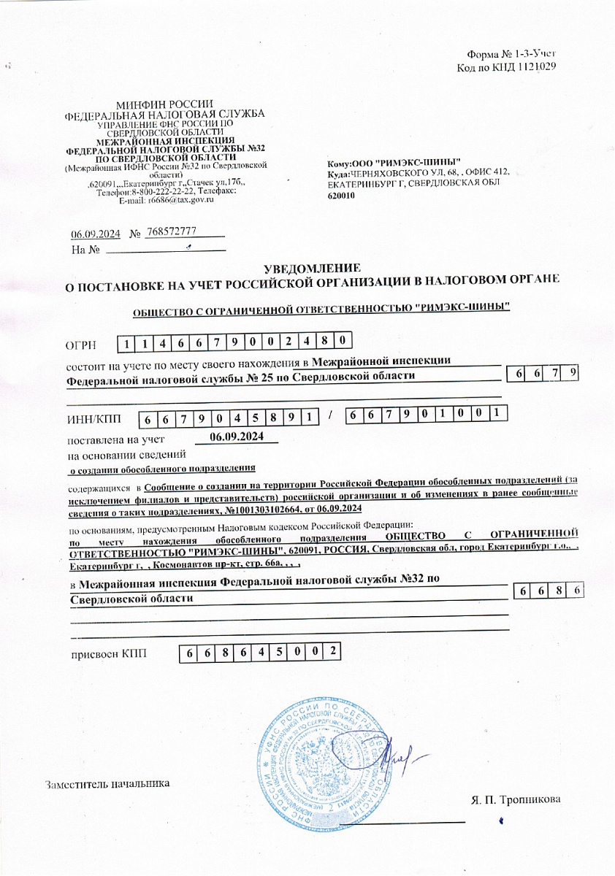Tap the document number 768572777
point(172,231)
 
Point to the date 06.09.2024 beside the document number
point(95,234)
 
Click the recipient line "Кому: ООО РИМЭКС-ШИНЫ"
point(394,161)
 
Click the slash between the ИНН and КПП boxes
point(331,415)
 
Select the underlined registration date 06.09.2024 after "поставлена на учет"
point(236,437)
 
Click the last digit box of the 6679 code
point(574,373)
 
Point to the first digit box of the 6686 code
point(522,591)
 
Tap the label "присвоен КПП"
point(107,653)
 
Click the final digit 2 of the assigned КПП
point(333,650)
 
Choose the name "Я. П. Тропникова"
point(516,799)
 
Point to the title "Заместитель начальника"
point(107,784)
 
